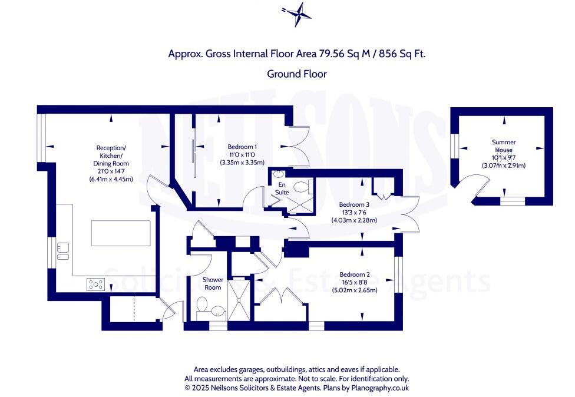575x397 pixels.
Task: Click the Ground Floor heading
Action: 297,74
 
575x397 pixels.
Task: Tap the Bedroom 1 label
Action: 242,146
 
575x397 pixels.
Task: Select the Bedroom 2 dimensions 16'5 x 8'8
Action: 355,282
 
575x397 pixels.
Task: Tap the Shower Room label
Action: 212,283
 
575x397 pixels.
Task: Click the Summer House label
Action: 504,146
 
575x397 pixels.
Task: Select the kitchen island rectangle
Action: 120,233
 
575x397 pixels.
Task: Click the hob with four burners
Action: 95,284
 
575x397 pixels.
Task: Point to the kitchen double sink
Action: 63,252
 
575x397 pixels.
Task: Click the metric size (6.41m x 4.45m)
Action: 111,178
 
